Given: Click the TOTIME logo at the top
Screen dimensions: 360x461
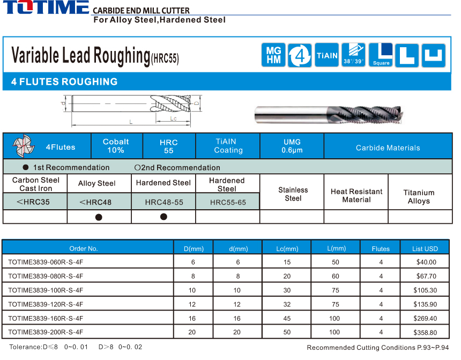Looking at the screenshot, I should [46, 8].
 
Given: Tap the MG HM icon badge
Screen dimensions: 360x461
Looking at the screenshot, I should [273, 55].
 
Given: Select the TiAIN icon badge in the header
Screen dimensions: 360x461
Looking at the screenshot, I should [327, 55].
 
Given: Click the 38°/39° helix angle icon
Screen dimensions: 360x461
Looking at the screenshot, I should [353, 55].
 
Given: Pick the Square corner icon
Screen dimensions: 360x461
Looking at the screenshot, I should [381, 55].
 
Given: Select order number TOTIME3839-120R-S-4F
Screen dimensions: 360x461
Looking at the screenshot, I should [46, 304].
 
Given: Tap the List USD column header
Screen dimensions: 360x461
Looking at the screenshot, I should [425, 248].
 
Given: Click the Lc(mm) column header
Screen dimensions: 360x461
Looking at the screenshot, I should [287, 248].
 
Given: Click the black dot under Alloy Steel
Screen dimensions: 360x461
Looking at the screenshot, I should [99, 217].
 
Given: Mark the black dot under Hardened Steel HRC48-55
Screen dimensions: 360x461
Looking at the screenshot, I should [163, 217].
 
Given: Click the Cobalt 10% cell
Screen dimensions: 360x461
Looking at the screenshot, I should [116, 146].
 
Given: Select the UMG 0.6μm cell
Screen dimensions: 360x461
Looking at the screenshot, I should [292, 146].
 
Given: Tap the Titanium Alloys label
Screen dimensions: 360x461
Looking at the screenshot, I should [419, 197].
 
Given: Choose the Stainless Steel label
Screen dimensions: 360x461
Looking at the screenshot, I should [293, 194].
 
